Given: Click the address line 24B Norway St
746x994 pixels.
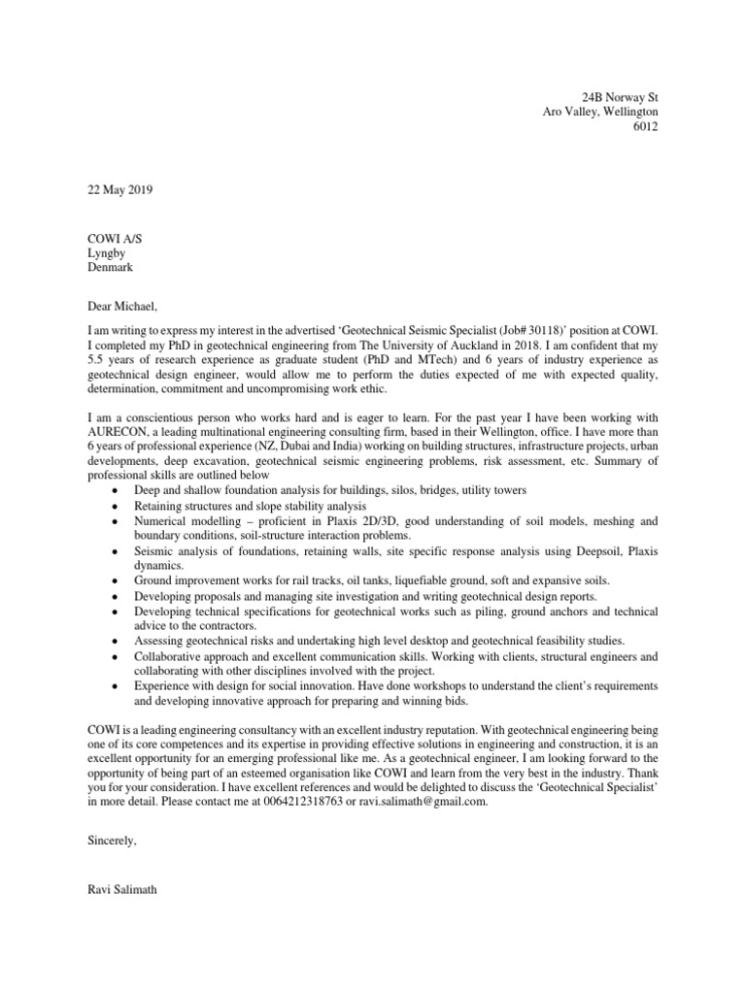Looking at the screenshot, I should click(619, 98).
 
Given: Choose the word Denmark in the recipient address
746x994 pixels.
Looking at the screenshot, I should click(111, 266).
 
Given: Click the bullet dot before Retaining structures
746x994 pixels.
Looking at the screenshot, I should click(116, 507).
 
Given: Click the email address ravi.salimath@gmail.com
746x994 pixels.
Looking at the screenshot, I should click(419, 802).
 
